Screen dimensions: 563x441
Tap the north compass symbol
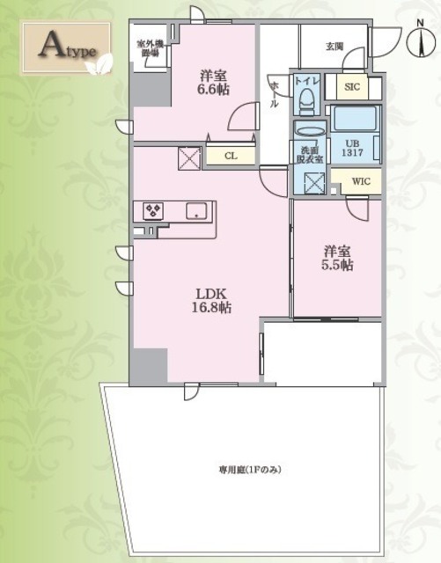[421, 40]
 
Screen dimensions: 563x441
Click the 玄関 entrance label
[334, 46]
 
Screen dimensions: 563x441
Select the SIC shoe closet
[352, 87]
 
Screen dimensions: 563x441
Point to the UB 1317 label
[349, 147]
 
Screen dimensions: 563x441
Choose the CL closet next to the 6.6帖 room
[230, 157]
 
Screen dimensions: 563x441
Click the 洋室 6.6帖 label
[212, 82]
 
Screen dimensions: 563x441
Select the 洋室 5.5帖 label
[337, 257]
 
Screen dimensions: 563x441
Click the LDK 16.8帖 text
[213, 300]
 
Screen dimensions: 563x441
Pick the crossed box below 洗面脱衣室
[313, 182]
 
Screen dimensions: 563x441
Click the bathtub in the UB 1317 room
[352, 119]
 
